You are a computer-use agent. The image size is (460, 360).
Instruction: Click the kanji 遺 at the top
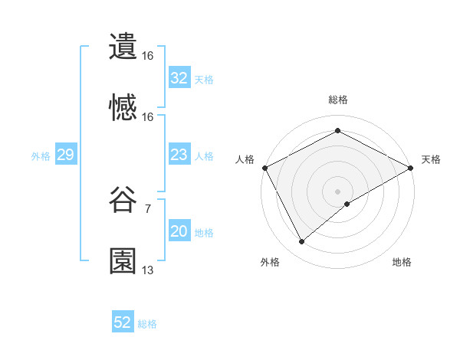123,47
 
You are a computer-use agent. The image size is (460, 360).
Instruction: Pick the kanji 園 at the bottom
123,261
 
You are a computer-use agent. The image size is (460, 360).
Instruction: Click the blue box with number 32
179,78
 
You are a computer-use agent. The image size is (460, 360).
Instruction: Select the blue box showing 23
179,155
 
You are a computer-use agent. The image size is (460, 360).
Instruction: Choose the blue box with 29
65,155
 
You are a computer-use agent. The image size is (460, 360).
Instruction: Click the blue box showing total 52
123,323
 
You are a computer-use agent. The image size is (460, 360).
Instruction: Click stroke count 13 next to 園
147,270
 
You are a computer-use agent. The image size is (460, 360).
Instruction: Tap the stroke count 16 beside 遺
147,56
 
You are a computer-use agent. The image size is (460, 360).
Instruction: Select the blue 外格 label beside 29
41,156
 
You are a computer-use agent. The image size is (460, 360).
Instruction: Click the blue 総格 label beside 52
147,324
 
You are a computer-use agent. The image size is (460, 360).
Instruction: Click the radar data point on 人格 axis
264,167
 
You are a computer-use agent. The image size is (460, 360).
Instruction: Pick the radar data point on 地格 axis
347,204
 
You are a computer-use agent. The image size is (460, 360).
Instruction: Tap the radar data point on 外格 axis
302,241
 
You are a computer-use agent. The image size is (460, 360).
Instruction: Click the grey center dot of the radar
337,191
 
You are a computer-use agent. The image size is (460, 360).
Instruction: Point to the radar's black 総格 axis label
338,100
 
